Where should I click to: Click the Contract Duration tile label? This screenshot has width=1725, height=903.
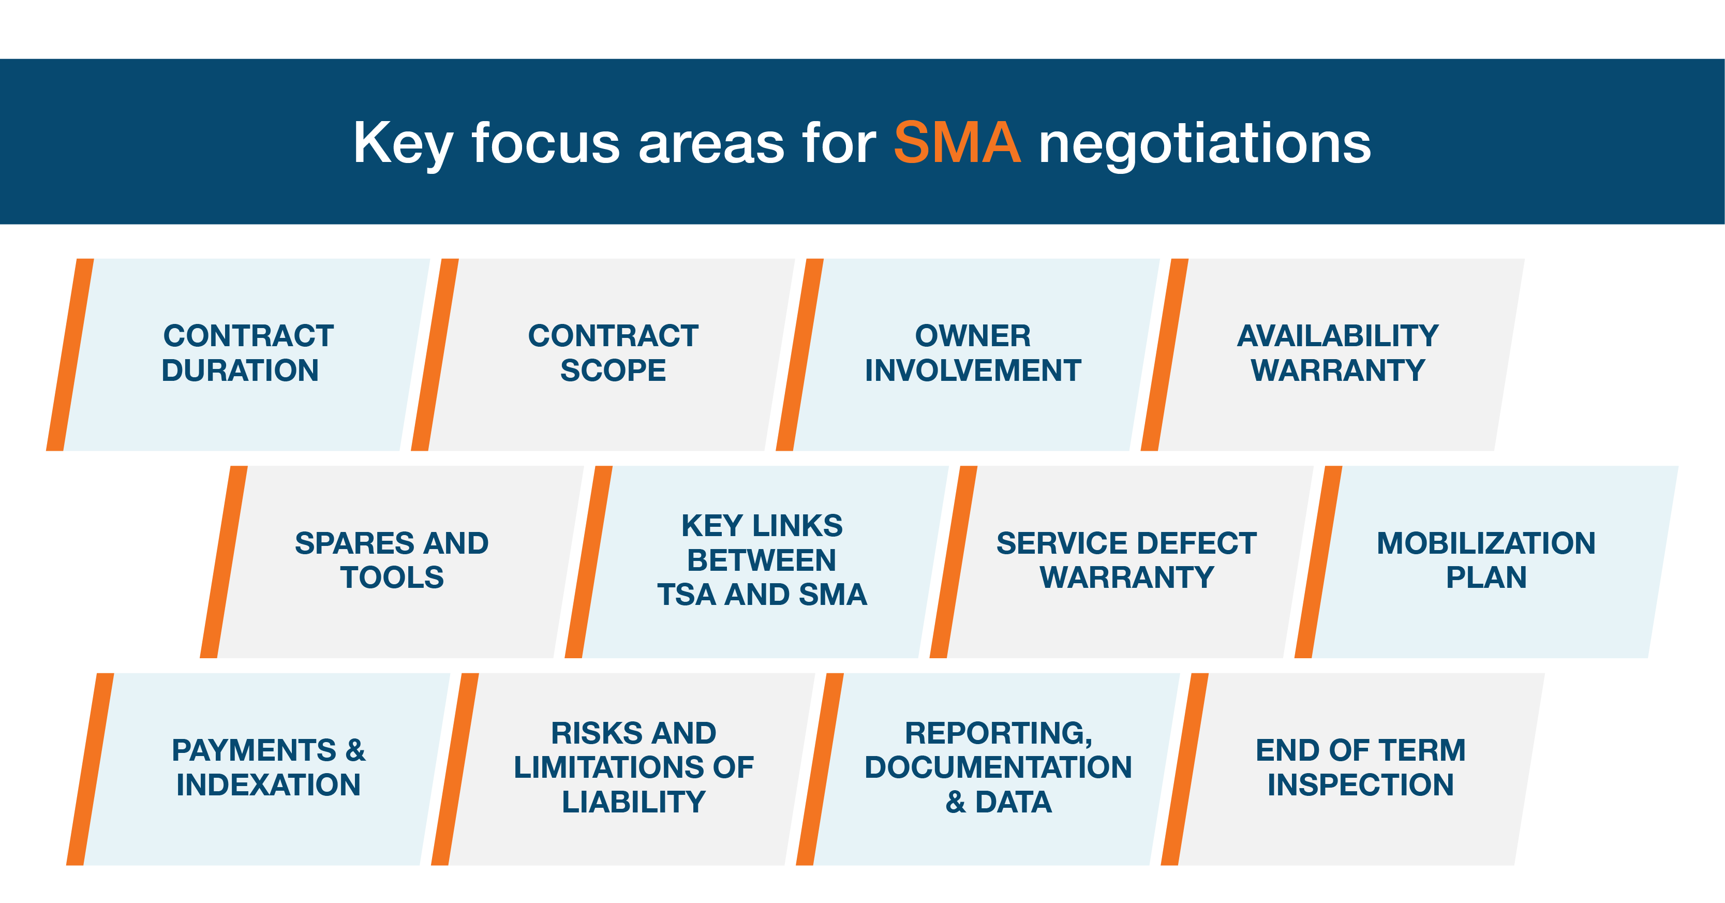point(247,353)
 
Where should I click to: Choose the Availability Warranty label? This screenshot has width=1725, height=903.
point(1337,353)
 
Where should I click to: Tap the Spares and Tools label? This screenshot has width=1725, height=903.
point(392,560)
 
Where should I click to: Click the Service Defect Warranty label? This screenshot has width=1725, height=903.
point(1126,560)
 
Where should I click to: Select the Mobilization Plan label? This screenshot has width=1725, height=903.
point(1486,560)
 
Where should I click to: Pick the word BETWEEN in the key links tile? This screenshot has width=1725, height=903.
point(762,560)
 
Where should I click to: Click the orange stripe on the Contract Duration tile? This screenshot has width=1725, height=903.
point(70,354)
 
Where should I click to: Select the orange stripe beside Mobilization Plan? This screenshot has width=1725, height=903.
point(1318,562)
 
